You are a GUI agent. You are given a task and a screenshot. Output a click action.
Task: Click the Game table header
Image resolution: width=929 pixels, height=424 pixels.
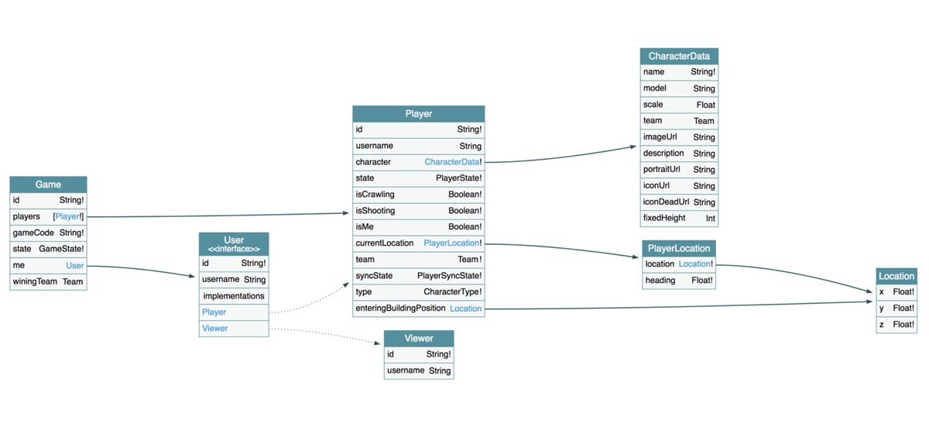click(48, 184)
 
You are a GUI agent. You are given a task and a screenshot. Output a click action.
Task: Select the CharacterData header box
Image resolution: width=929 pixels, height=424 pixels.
click(679, 56)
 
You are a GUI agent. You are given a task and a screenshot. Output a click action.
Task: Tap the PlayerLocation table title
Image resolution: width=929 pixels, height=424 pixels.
click(678, 248)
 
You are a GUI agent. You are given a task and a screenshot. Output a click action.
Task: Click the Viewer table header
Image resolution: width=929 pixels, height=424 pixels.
click(418, 338)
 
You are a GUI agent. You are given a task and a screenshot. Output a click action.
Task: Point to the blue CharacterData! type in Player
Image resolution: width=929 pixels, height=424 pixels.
click(452, 162)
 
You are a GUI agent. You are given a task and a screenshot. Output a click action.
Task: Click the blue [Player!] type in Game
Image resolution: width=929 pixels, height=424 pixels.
click(68, 216)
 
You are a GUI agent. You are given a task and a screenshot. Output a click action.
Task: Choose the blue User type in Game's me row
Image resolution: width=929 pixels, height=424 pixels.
click(74, 265)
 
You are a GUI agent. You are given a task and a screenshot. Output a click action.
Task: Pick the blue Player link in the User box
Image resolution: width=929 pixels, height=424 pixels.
click(214, 312)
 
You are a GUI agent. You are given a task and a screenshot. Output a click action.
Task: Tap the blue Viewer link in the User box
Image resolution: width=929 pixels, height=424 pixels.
click(214, 328)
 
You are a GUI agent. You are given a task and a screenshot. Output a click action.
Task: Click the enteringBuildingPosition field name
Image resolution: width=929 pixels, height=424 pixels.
click(400, 309)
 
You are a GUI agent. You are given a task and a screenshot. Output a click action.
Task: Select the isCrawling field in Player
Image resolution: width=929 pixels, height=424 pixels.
click(375, 195)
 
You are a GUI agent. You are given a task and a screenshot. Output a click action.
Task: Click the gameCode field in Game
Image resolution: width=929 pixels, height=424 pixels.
click(33, 233)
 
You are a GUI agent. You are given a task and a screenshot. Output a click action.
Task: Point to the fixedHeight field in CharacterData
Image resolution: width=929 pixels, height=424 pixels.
click(663, 218)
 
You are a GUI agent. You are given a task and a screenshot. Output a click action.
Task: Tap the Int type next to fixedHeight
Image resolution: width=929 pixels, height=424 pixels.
click(710, 219)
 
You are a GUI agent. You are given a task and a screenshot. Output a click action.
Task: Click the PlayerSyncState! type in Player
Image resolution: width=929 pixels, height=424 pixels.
click(449, 276)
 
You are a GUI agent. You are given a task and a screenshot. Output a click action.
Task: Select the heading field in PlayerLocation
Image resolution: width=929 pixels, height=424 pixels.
click(660, 281)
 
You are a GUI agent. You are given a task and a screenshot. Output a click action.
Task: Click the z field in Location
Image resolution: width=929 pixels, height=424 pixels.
click(882, 324)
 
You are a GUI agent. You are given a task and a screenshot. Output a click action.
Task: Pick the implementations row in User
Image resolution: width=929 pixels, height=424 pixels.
click(233, 296)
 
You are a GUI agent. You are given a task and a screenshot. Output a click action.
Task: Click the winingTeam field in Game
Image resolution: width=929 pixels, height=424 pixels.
click(36, 281)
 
